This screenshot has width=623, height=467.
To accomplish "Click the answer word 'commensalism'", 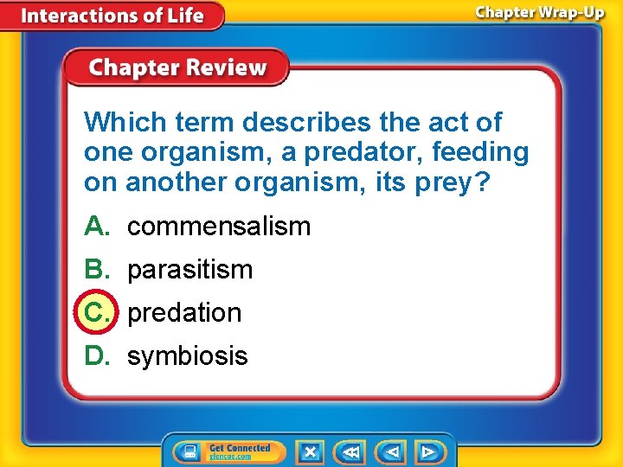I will coord(219,227).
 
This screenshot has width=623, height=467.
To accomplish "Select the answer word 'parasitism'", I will coord(189,270).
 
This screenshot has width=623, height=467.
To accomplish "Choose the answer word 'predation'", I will coord(184,312).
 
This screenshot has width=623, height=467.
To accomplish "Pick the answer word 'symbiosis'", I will coord(187,355).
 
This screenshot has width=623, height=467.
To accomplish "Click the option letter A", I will coord(95,227).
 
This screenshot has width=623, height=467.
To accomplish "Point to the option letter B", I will coord(95,270).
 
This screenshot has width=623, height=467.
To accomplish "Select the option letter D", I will coord(95,355).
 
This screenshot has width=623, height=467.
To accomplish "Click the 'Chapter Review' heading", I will coord(177,68).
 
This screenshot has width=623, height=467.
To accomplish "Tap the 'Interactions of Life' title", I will coord(112,16).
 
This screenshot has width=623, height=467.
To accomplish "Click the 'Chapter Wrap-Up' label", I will coord(539,14).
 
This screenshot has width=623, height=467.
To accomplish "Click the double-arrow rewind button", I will coord(351,451).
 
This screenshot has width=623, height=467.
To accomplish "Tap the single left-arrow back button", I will coord(392,451).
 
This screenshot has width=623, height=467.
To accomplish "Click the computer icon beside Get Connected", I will coord(186,451).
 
